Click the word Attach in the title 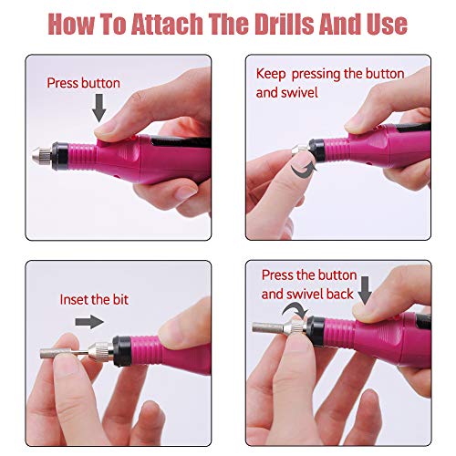pyautogui.click(x=167, y=24)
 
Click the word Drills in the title pyautogui.click(x=284, y=24)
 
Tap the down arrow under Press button pyautogui.click(x=99, y=108)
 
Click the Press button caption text pyautogui.click(x=83, y=83)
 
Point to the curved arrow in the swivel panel pyautogui.click(x=304, y=169)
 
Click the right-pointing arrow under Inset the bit pyautogui.click(x=89, y=322)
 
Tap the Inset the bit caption pyautogui.click(x=94, y=299)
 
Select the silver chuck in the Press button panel pyautogui.click(x=42, y=156)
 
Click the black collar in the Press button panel pyautogui.click(x=60, y=156)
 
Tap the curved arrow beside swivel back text pyautogui.click(x=295, y=310)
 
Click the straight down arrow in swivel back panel pyautogui.click(x=365, y=290)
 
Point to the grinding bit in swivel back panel pyautogui.click(x=268, y=327)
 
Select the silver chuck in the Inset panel pyautogui.click(x=100, y=353)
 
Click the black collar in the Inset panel pyautogui.click(x=122, y=351)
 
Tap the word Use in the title pyautogui.click(x=387, y=24)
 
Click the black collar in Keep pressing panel pyautogui.click(x=316, y=150)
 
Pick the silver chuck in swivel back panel pyautogui.click(x=295, y=327)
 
